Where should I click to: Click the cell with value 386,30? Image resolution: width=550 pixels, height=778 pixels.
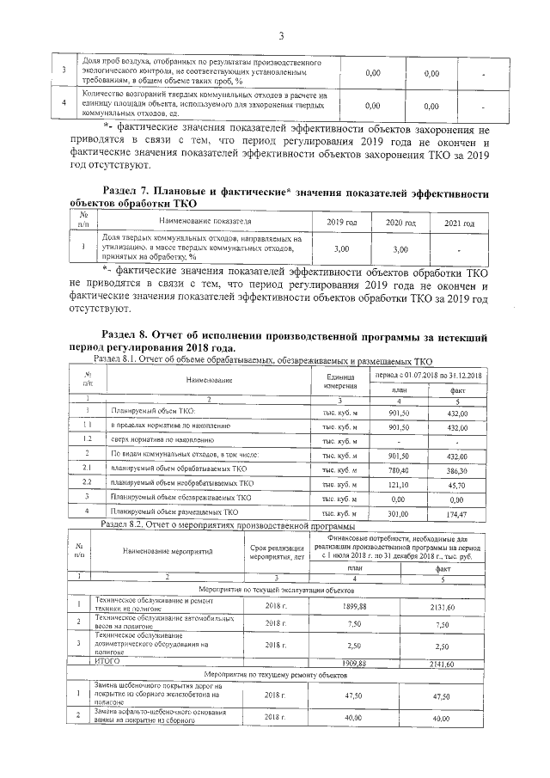coord(457,470)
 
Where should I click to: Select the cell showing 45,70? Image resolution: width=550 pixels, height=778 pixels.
coord(457,484)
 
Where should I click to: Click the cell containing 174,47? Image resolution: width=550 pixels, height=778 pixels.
coord(457,512)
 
